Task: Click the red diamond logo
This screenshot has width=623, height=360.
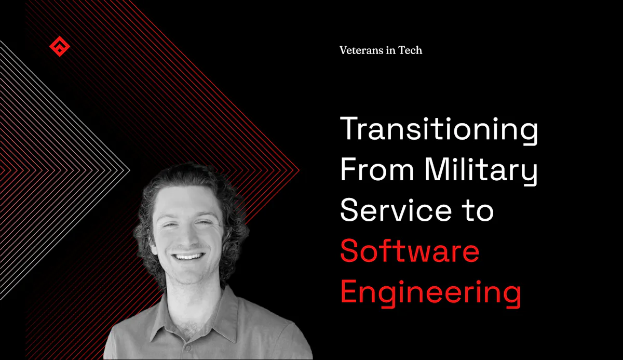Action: [x=59, y=47]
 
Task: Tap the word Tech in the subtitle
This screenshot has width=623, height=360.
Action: [x=410, y=50]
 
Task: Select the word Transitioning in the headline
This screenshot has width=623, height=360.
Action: [x=439, y=130]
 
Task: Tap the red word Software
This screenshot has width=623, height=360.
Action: [x=410, y=251]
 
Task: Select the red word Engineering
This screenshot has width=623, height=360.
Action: [x=430, y=292]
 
